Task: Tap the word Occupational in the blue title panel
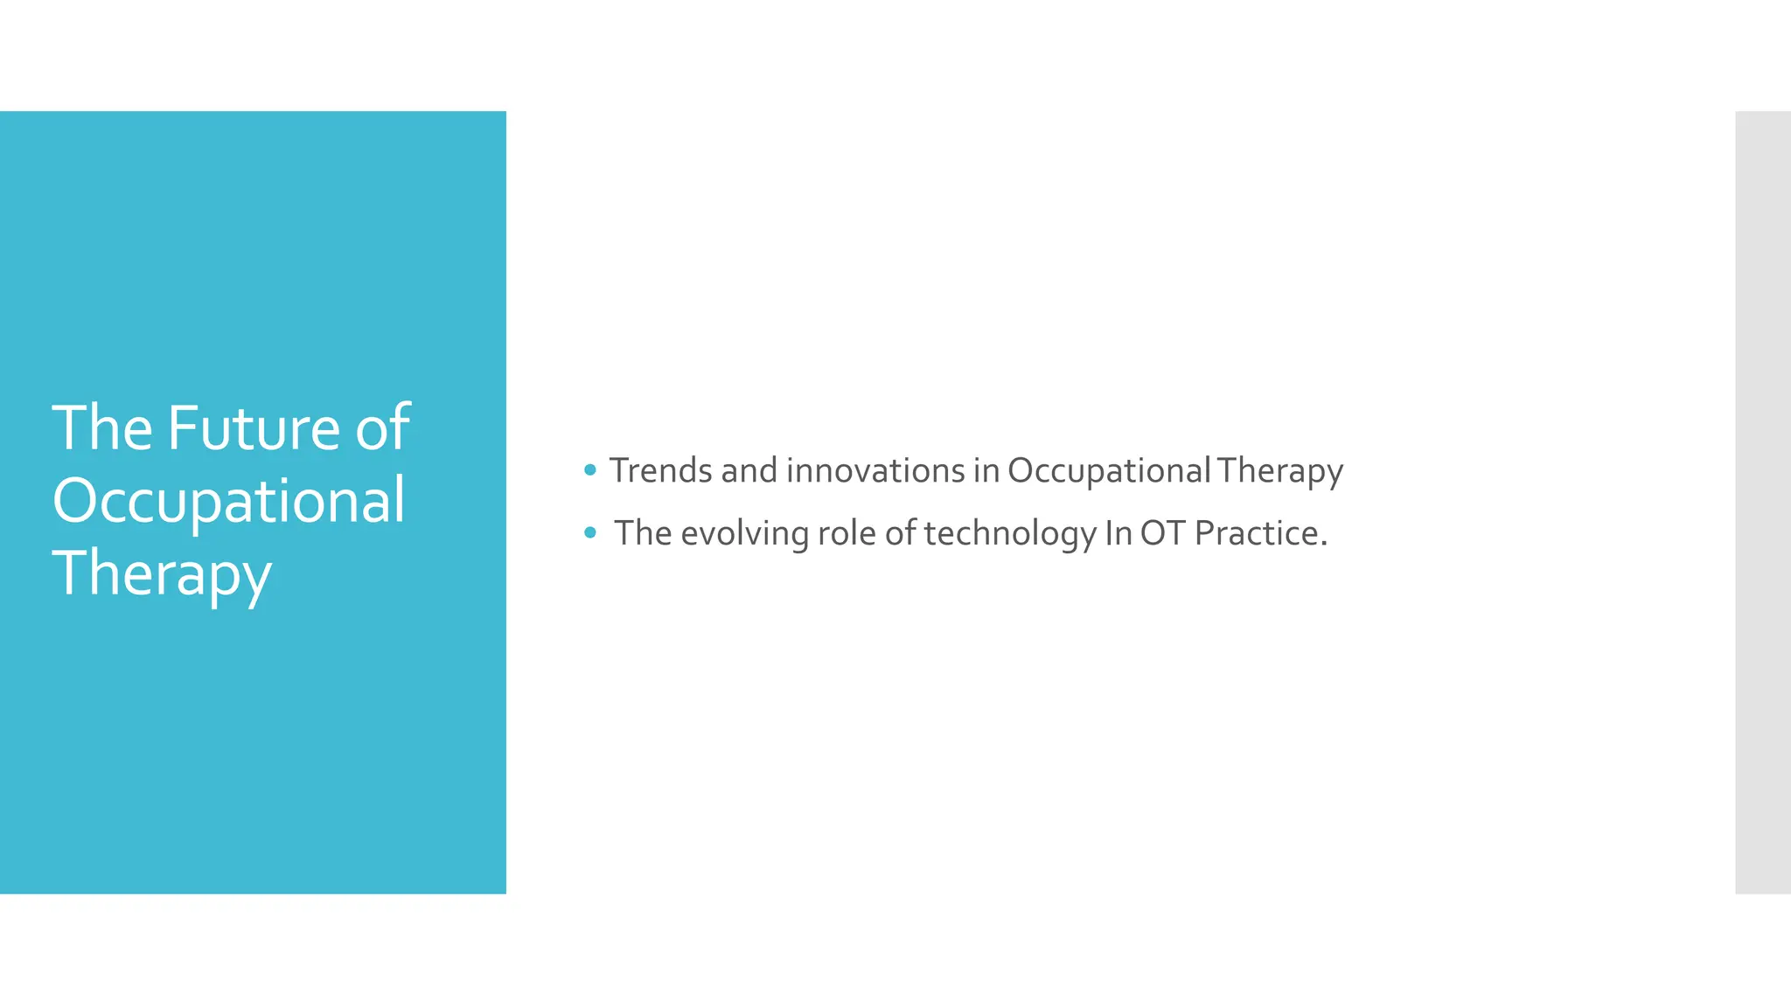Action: coord(228,502)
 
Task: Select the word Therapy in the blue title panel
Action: coord(162,574)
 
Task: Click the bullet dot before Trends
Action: coord(590,470)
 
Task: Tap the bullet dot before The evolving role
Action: coord(590,532)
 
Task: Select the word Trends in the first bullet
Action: coord(660,470)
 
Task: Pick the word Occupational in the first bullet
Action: coord(1108,470)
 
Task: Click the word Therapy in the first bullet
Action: coord(1279,470)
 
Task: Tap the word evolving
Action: coord(744,533)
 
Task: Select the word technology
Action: coord(1009,533)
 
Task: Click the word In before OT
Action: coord(1118,533)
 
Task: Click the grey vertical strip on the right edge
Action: coord(1762,502)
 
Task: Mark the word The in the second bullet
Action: coord(643,533)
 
